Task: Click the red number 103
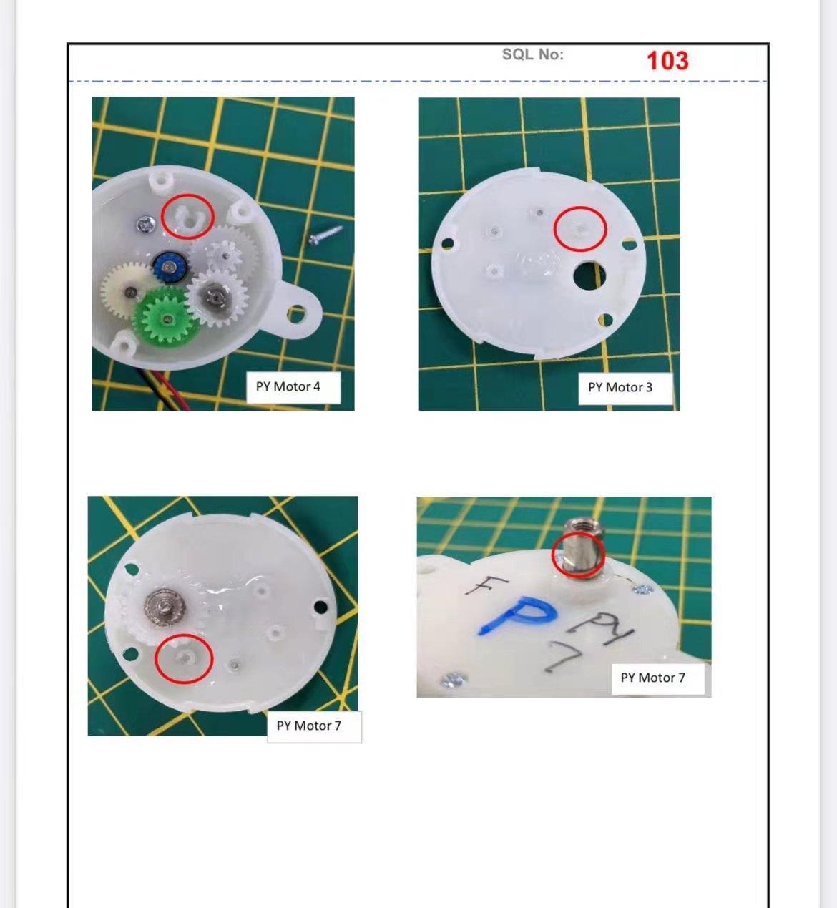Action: click(x=667, y=60)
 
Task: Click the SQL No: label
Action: click(x=532, y=54)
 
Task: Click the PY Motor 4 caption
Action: click(x=288, y=386)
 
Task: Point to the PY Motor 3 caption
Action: click(x=620, y=387)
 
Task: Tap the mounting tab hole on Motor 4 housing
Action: click(x=295, y=313)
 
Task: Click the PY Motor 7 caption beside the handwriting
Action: click(x=652, y=678)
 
